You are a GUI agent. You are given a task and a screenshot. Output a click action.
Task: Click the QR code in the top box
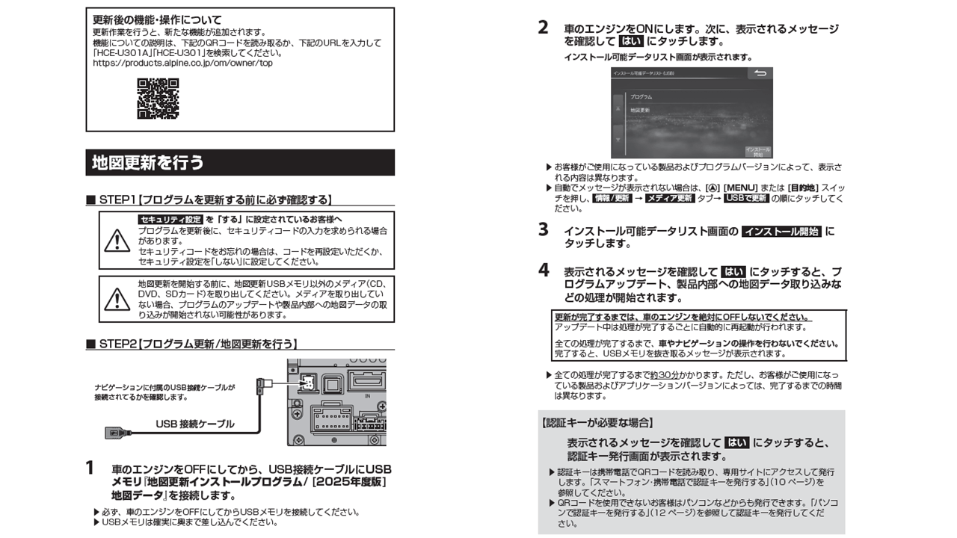158,99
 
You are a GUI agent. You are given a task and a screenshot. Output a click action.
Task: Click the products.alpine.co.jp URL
182,64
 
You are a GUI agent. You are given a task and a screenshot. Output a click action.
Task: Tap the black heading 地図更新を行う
147,162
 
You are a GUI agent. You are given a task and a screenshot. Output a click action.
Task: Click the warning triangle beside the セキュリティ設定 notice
117,241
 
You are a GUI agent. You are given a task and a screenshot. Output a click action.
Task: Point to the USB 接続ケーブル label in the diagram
194,424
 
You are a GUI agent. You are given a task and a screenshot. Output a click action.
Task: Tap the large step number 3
544,230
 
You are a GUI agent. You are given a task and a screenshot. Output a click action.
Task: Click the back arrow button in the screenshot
760,74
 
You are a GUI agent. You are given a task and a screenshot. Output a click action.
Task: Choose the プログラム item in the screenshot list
641,97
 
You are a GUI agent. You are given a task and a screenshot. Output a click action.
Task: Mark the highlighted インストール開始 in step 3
781,232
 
